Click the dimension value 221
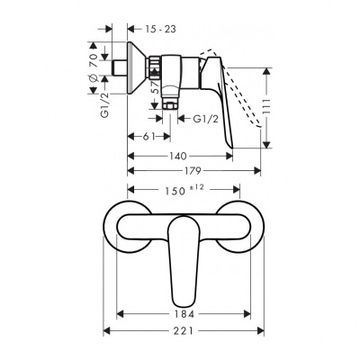(184, 332)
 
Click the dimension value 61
(150, 136)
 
